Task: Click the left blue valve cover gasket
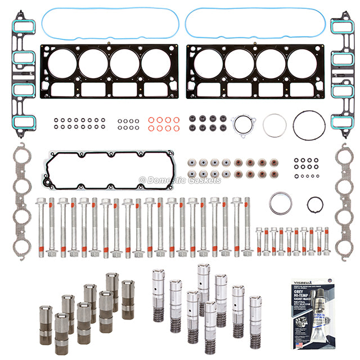pyautogui.click(x=110, y=10)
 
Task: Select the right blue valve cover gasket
pyautogui.click(x=256, y=10)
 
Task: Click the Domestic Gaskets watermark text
pyautogui.click(x=180, y=180)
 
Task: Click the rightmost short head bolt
pyautogui.click(x=326, y=241)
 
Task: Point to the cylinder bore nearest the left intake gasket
pyautogui.click(x=62, y=64)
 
